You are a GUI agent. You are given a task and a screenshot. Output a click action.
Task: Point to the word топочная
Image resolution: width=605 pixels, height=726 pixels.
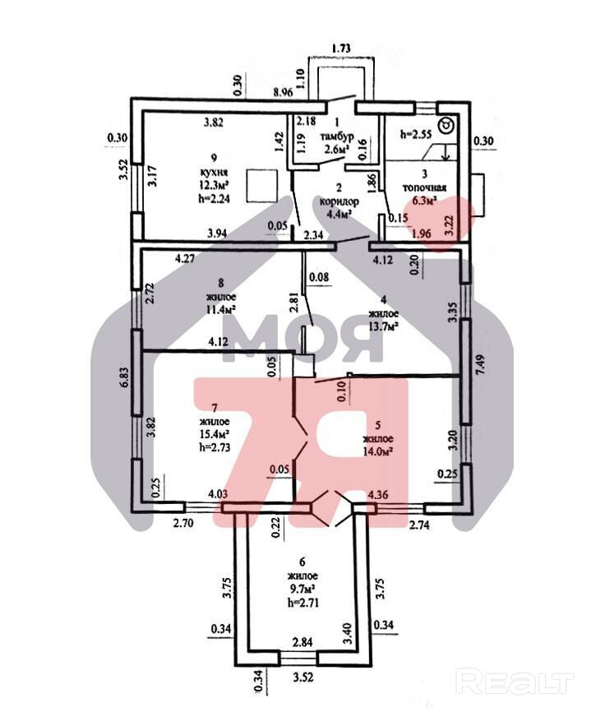click(x=423, y=185)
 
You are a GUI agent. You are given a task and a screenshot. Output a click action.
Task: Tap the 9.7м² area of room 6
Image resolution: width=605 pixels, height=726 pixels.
click(x=302, y=589)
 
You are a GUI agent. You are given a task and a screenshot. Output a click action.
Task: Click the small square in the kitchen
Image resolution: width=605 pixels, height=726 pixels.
click(x=260, y=186)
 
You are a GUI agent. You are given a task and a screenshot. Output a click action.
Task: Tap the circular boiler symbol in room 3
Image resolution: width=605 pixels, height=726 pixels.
click(x=446, y=126)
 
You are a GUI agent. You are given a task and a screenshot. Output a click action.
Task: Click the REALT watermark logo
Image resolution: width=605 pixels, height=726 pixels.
click(x=514, y=681)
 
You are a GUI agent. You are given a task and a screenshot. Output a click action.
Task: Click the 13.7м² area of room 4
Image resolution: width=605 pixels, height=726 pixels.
click(x=382, y=326)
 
